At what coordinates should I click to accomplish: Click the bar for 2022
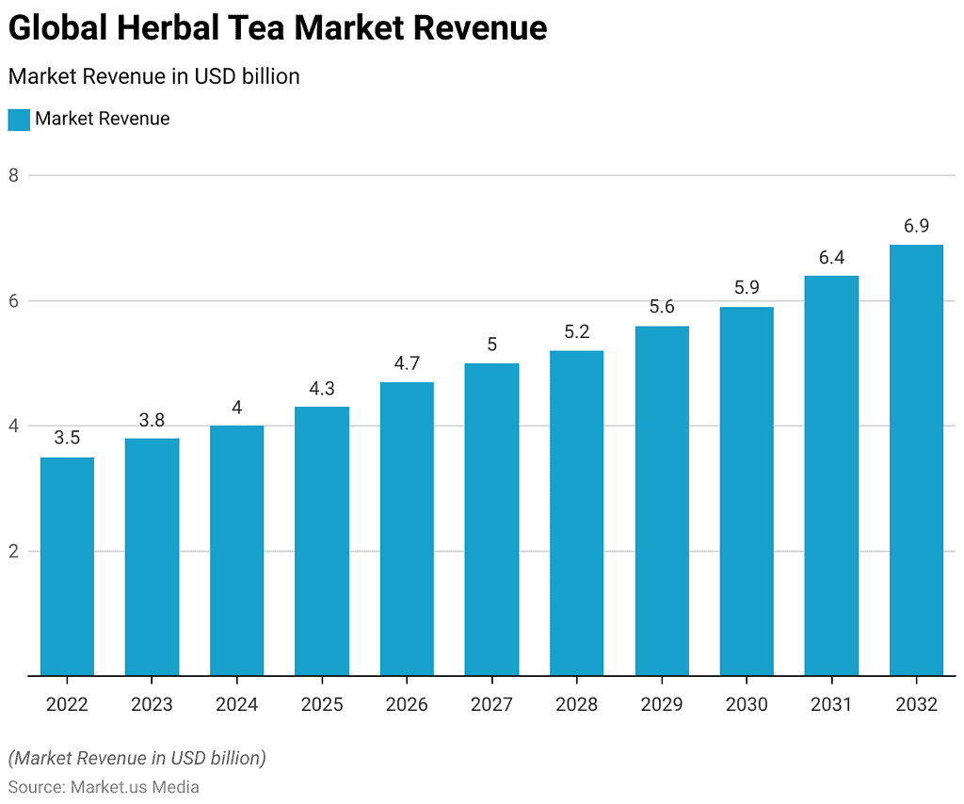(67, 566)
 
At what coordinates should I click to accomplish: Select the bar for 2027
(491, 519)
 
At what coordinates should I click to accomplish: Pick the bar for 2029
(662, 500)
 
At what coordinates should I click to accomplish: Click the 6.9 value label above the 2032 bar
(916, 226)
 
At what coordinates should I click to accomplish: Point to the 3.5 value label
(67, 439)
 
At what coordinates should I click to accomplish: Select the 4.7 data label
(407, 363)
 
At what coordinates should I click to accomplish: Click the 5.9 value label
(747, 288)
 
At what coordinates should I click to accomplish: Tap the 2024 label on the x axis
(236, 704)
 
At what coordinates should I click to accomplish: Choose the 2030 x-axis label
(747, 704)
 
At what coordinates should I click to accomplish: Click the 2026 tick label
(407, 704)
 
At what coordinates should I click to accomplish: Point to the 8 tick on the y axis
(14, 175)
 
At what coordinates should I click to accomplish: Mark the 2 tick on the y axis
(14, 552)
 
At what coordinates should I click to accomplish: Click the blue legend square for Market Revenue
(19, 120)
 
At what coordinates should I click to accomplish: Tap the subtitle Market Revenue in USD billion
(153, 76)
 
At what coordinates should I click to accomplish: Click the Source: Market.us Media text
(104, 786)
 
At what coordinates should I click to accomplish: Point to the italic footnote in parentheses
(137, 758)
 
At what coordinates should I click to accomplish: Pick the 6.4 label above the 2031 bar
(831, 257)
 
